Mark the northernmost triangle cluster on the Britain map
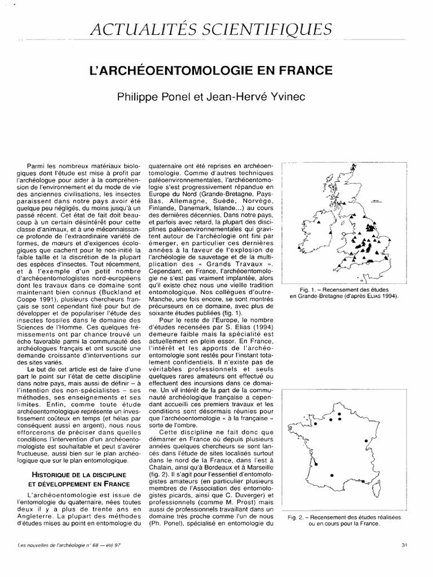pos(354,167)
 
